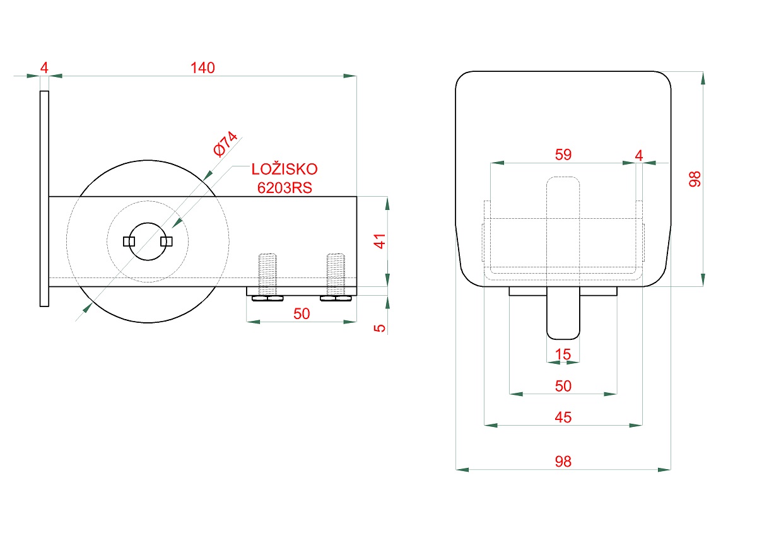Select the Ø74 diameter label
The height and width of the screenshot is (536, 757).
pyautogui.click(x=225, y=144)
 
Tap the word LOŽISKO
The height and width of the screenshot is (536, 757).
pyautogui.click(x=285, y=169)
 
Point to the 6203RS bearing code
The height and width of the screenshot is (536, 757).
pyautogui.click(x=285, y=187)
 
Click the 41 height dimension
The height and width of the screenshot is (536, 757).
pyautogui.click(x=380, y=241)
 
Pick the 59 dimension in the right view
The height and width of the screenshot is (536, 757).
pyautogui.click(x=563, y=154)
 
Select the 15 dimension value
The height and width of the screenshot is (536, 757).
pyautogui.click(x=563, y=354)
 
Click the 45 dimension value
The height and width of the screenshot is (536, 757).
pyautogui.click(x=563, y=417)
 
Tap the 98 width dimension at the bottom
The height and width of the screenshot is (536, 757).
pyautogui.click(x=563, y=462)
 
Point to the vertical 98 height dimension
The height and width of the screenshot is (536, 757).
pyautogui.click(x=695, y=179)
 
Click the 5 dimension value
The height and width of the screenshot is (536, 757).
pyautogui.click(x=380, y=328)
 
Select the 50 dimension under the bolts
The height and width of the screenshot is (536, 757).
pyautogui.click(x=302, y=313)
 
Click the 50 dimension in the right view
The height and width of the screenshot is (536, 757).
pyautogui.click(x=563, y=385)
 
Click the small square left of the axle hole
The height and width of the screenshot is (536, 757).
pyautogui.click(x=129, y=241)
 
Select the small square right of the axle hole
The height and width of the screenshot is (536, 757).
pyautogui.click(x=167, y=241)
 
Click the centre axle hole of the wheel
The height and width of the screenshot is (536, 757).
pyautogui.click(x=148, y=241)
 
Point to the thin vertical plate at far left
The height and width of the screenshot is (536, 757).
pyautogui.click(x=44, y=199)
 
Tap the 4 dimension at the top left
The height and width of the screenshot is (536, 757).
pyautogui.click(x=44, y=67)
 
